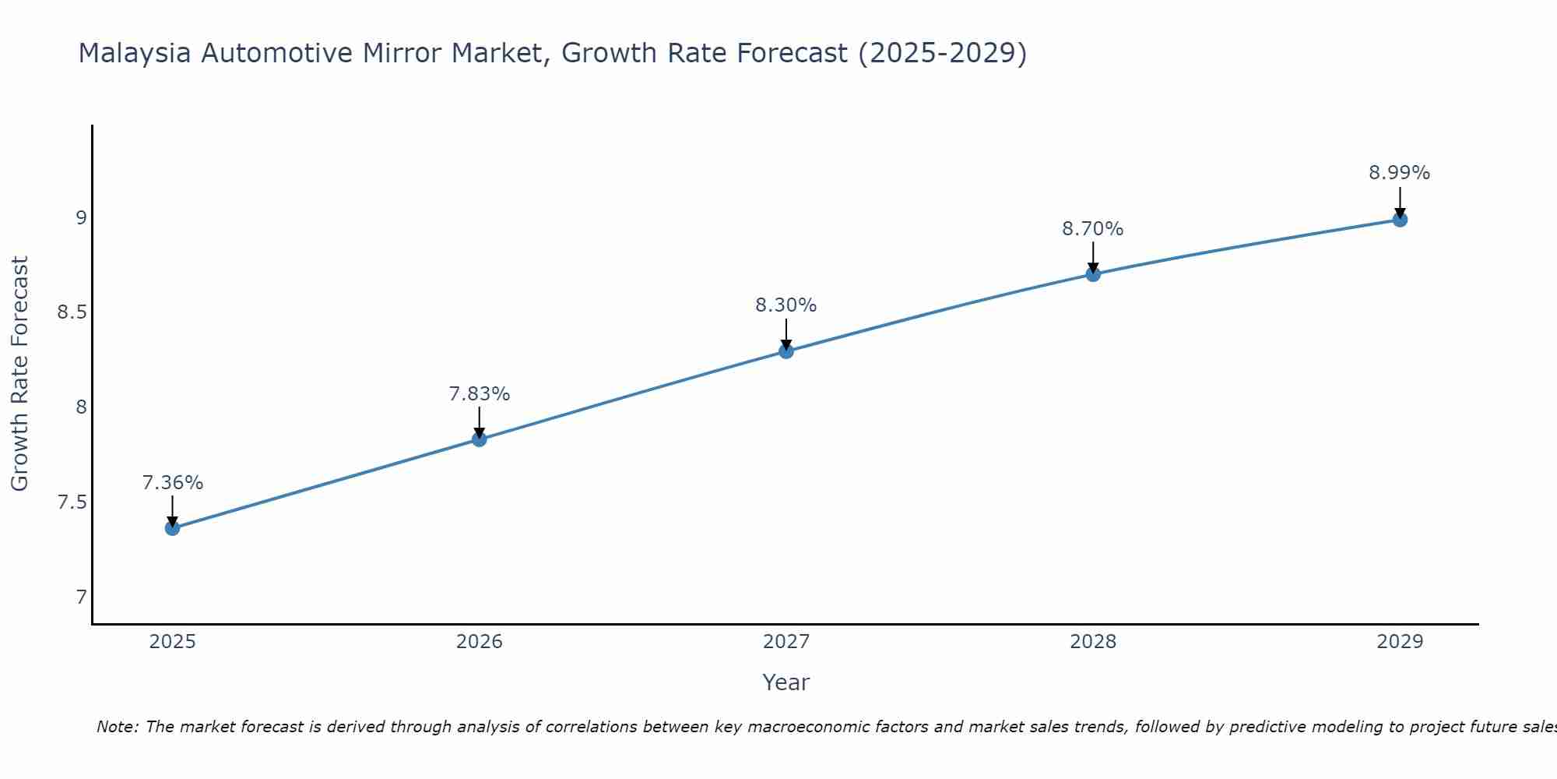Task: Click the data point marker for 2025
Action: click(172, 528)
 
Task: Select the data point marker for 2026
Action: click(479, 439)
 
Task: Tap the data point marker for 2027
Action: click(786, 351)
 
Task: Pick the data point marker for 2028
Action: click(1092, 274)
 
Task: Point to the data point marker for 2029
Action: click(1399, 220)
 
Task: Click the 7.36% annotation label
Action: click(172, 483)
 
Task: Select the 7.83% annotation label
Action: click(479, 394)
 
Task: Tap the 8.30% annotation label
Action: click(786, 305)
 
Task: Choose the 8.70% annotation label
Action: click(1092, 229)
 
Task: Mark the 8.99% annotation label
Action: click(1399, 173)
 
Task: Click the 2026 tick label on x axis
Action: click(479, 642)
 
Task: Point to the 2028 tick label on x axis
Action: click(1092, 642)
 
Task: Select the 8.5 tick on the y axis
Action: click(71, 312)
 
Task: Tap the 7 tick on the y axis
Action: click(81, 597)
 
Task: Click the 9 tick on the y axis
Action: click(81, 217)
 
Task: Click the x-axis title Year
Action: click(786, 682)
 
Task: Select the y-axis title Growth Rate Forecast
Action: click(19, 374)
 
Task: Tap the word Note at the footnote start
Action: click(117, 727)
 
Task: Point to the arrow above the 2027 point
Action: click(786, 333)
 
